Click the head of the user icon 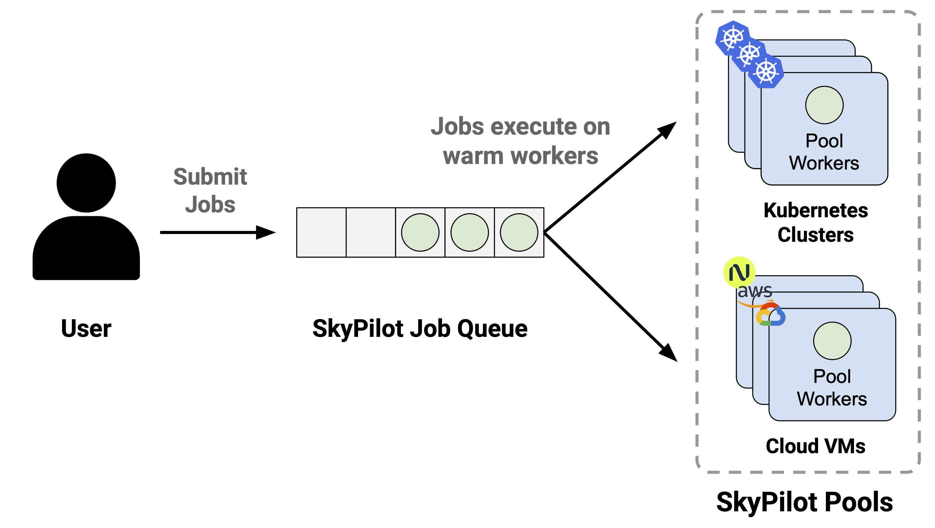point(86,183)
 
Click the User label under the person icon point(86,328)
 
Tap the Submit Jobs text point(210,190)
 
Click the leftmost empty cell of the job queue point(321,232)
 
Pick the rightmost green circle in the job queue point(519,232)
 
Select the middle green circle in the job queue point(470,232)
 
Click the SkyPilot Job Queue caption point(420,328)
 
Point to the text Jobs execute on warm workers point(520,141)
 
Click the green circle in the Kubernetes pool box point(824,105)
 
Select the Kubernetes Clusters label point(815,222)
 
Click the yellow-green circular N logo point(739,272)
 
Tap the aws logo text point(755,291)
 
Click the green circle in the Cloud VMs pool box point(832,341)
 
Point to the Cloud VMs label point(815,446)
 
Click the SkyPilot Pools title point(805,502)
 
